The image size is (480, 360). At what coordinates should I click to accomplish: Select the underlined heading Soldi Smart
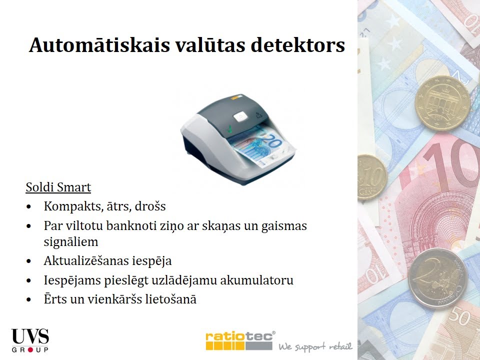[x=58, y=188]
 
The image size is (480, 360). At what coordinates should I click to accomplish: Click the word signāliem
[x=71, y=242]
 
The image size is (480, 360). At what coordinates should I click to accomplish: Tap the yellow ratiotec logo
[x=239, y=340]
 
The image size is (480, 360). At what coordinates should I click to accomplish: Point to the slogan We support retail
[x=315, y=346]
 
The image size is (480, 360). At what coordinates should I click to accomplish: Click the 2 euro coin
[x=437, y=277]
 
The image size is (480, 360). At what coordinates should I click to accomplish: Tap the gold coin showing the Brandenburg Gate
[x=442, y=103]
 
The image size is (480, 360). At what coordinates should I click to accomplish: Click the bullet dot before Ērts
[x=31, y=300]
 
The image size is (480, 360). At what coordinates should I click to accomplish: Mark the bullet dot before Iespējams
[x=31, y=280]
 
